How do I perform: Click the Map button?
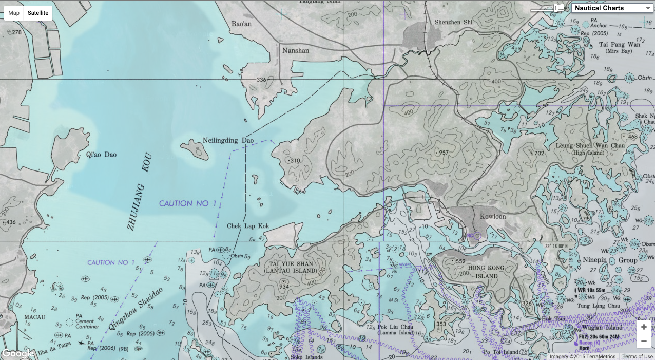pyautogui.click(x=14, y=13)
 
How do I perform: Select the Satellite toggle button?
pyautogui.click(x=38, y=13)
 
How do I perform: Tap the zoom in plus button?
pyautogui.click(x=643, y=327)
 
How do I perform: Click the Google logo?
pyautogui.click(x=18, y=353)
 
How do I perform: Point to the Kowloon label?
pyautogui.click(x=492, y=216)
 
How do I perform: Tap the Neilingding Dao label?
pyautogui.click(x=228, y=140)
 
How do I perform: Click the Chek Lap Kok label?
pyautogui.click(x=248, y=226)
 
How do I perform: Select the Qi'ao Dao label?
pyautogui.click(x=102, y=154)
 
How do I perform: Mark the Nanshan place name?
pyautogui.click(x=296, y=50)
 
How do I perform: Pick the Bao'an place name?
pyautogui.click(x=241, y=24)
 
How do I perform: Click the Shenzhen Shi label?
pyautogui.click(x=453, y=22)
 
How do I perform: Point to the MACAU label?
pyautogui.click(x=35, y=317)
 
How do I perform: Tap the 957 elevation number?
pyautogui.click(x=444, y=153)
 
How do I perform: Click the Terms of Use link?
pyautogui.click(x=638, y=356)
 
